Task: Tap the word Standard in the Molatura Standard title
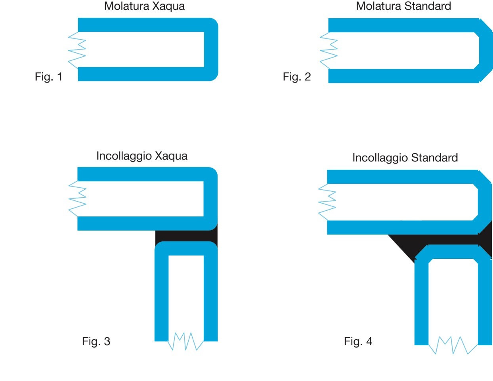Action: point(428,6)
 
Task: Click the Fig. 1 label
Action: point(48,77)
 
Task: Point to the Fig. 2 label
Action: point(296,77)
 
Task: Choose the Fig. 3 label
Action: point(96,341)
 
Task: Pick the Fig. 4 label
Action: point(358,341)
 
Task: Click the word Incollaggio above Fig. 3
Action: point(124,156)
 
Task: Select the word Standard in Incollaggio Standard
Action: point(434,158)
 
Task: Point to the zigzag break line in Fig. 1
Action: point(77,50)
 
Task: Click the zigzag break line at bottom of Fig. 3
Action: point(185,341)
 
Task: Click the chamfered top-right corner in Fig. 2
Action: point(485,25)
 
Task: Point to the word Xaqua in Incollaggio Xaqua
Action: point(171,156)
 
